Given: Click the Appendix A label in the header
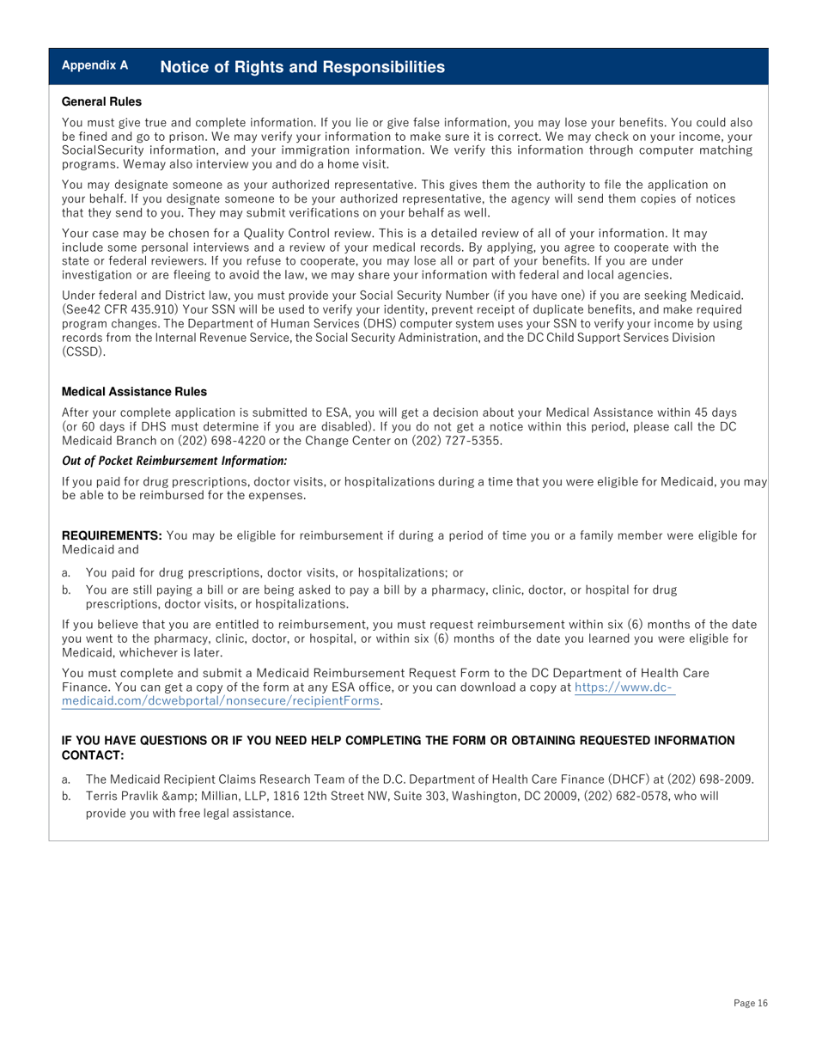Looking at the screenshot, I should [x=94, y=65].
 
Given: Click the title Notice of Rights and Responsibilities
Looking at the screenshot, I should [x=302, y=67].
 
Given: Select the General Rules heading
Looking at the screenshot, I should [x=101, y=102].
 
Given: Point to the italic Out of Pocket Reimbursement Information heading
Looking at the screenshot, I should [x=174, y=461].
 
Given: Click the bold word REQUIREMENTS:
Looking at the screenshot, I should [x=112, y=536].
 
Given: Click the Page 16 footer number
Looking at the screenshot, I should [x=750, y=1003].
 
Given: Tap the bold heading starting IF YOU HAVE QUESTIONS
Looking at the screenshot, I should [x=398, y=747].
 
